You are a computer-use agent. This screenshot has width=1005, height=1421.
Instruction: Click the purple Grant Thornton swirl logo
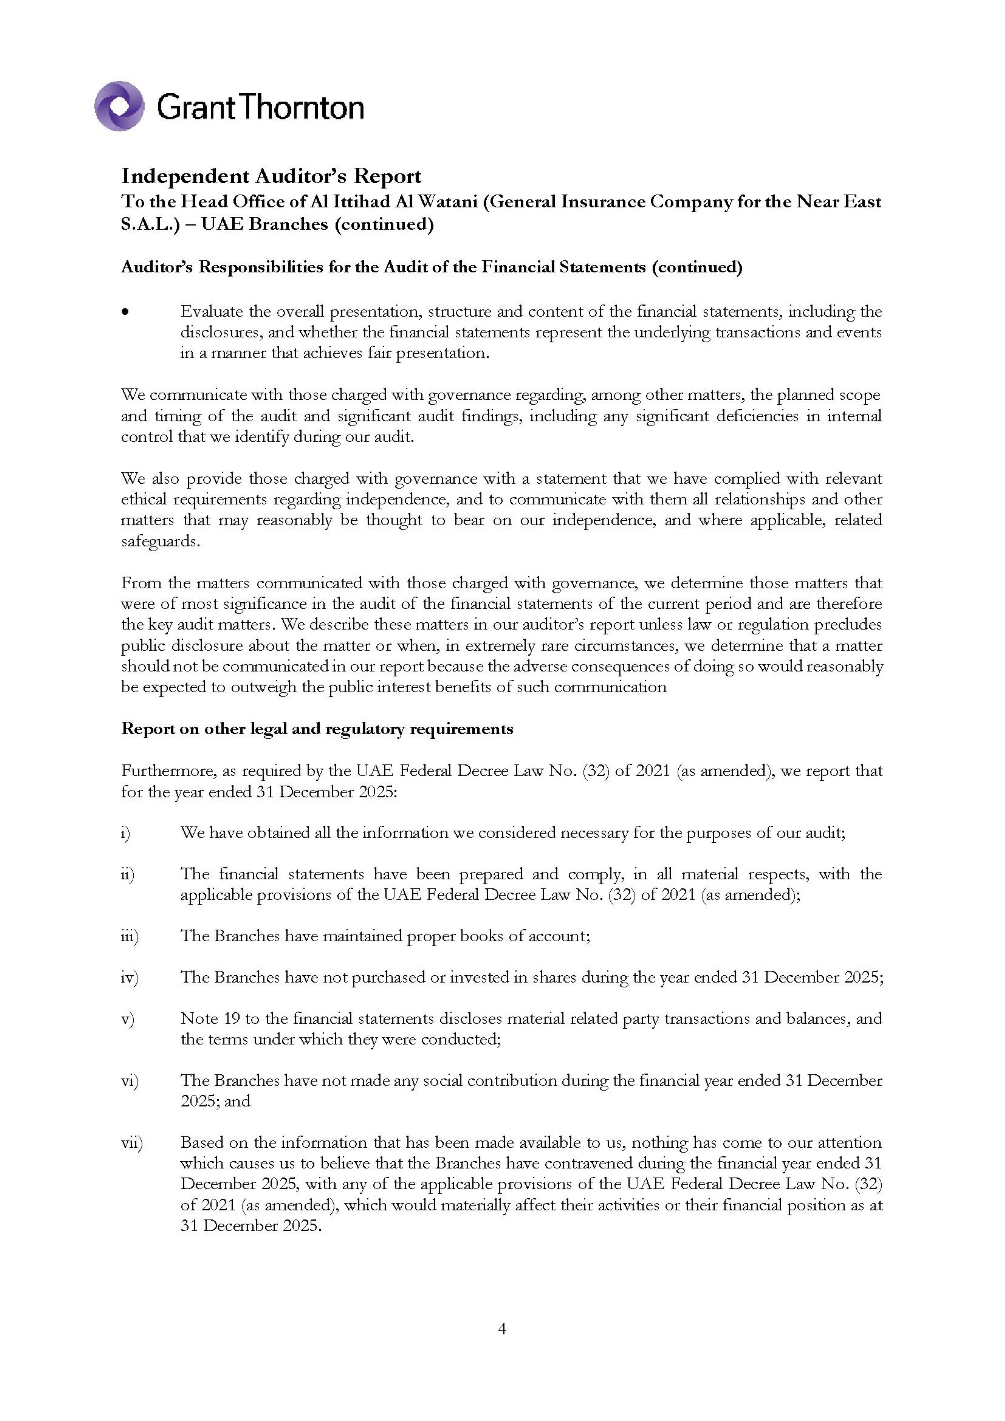click(x=119, y=106)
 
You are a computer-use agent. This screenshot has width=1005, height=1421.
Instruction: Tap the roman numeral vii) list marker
click(x=131, y=1143)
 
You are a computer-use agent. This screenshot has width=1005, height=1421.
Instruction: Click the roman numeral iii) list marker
click(x=129, y=936)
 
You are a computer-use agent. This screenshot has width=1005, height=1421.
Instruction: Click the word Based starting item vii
click(x=200, y=1143)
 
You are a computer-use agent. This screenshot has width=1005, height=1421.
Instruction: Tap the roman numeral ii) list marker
click(x=127, y=874)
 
